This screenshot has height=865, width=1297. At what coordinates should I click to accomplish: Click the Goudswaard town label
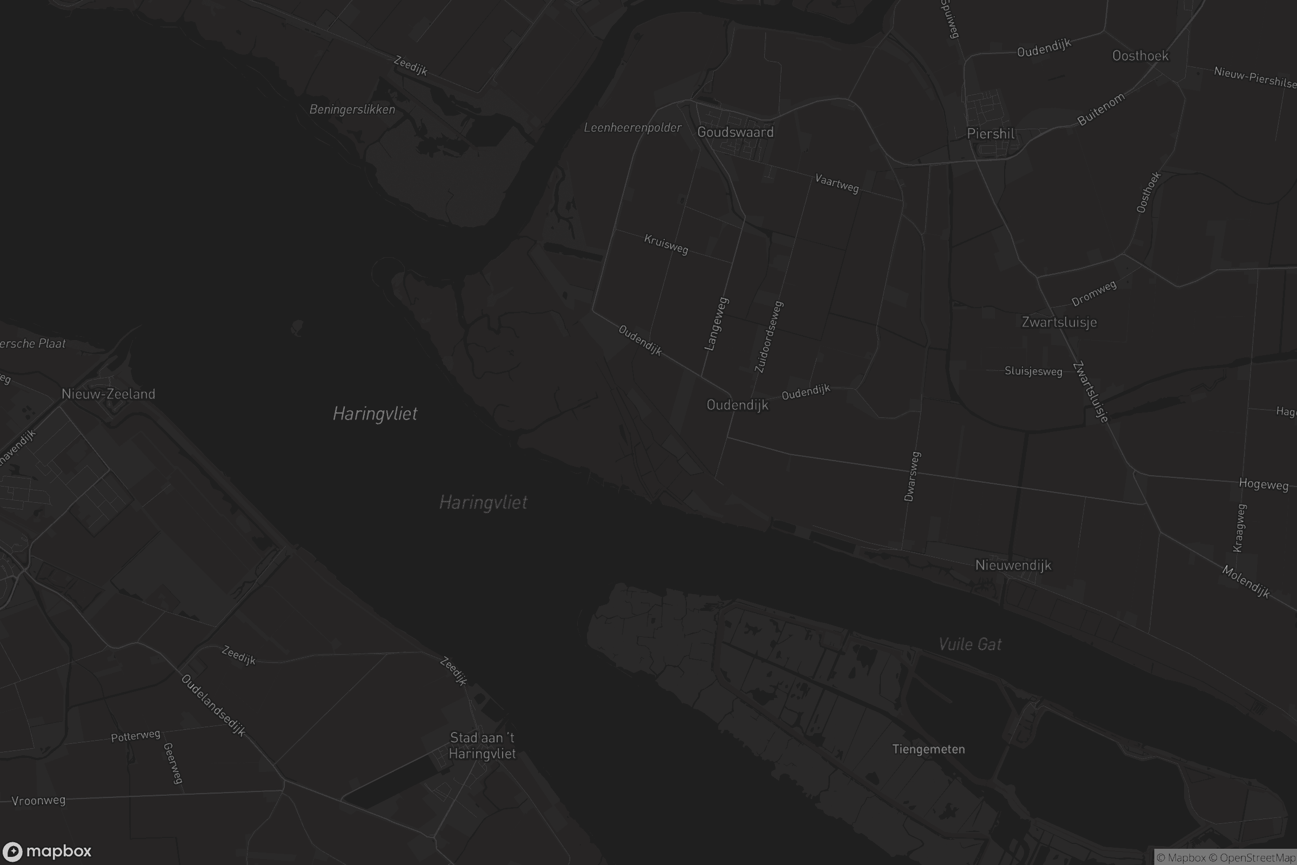[x=735, y=132]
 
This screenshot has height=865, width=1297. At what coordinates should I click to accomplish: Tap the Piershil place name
[x=991, y=134]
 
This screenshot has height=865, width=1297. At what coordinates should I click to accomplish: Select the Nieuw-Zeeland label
[x=108, y=394]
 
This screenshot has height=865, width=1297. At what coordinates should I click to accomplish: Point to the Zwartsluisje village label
[x=1059, y=322]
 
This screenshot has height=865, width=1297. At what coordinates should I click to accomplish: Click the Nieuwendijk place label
[x=1013, y=565]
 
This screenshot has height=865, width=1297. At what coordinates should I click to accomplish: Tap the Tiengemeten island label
[x=928, y=749]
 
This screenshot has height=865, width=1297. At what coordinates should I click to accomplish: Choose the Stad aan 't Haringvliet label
[x=482, y=746]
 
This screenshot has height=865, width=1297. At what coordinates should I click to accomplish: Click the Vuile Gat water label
[x=970, y=644]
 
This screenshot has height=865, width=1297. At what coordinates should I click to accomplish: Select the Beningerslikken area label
[x=352, y=109]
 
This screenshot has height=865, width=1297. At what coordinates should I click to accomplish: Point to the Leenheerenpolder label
[x=632, y=128]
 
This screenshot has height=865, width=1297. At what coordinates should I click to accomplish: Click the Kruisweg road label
[x=666, y=244]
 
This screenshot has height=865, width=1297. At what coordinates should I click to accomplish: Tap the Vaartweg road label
[x=837, y=184]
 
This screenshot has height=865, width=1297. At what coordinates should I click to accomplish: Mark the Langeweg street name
[x=717, y=324]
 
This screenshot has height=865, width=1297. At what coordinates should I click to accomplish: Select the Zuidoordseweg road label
[x=768, y=336]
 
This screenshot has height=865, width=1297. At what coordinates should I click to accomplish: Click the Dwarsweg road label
[x=912, y=477]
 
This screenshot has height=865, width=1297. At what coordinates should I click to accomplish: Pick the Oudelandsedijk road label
[x=213, y=705]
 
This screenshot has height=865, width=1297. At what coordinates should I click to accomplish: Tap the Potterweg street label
[x=135, y=736]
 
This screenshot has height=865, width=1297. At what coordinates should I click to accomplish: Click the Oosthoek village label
[x=1140, y=56]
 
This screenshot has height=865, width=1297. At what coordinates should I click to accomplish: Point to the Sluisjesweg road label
[x=1033, y=371]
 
